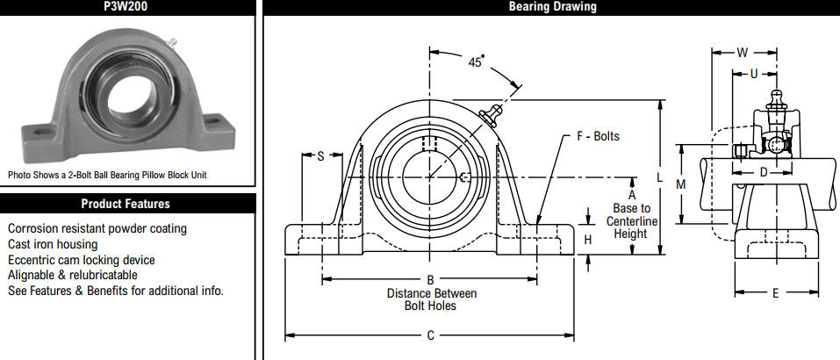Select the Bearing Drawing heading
pyautogui.click(x=552, y=6)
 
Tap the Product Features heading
pyautogui.click(x=126, y=204)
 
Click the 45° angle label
pyautogui.click(x=476, y=61)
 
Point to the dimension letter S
pyautogui.click(x=321, y=156)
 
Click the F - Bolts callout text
pyautogui.click(x=598, y=137)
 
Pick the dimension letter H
pyautogui.click(x=588, y=240)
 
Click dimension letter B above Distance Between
pyautogui.click(x=429, y=279)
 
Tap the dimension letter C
pyautogui.click(x=430, y=336)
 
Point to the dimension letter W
pyautogui.click(x=742, y=53)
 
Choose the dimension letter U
pyautogui.click(x=754, y=75)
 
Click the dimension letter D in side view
pyautogui.click(x=764, y=172)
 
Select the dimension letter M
pyautogui.click(x=681, y=184)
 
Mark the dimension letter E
pyautogui.click(x=776, y=292)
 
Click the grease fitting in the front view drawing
pyautogui.click(x=490, y=114)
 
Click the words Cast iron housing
pyautogui.click(x=53, y=244)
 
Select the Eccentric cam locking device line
pyautogui.click(x=82, y=260)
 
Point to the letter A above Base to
pyautogui.click(x=632, y=195)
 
